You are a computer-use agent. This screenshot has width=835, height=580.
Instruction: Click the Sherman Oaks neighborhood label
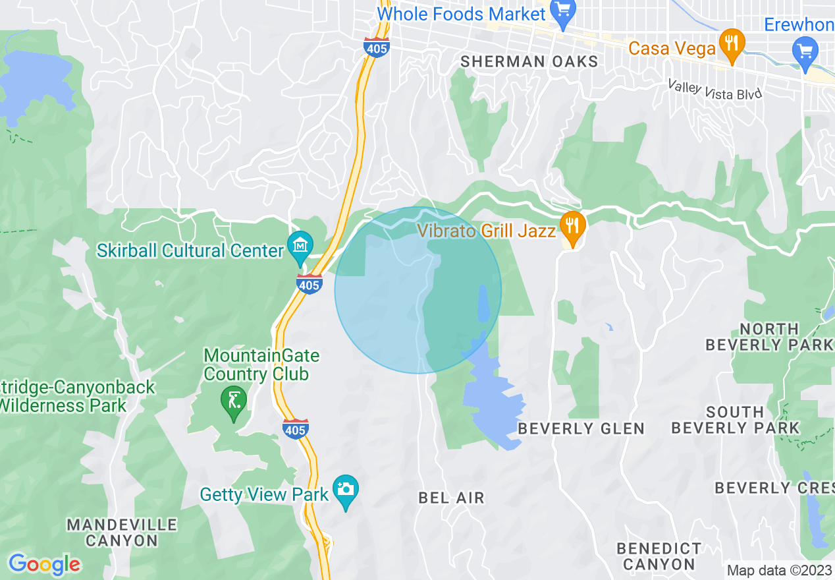click(x=529, y=61)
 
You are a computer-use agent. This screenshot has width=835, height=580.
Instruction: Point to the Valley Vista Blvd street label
click(x=714, y=90)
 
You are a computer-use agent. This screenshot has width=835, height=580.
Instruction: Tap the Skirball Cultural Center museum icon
click(x=300, y=247)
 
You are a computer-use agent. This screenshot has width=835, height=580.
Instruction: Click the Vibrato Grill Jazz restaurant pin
click(x=573, y=228)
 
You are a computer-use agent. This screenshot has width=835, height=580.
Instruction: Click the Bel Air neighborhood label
click(x=451, y=498)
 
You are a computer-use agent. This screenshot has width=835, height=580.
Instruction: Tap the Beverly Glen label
click(x=581, y=428)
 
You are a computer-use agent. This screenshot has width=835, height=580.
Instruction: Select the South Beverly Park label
click(x=735, y=420)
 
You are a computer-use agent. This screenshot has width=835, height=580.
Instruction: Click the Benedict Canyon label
click(x=659, y=556)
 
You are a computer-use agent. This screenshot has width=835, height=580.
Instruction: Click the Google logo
click(x=44, y=564)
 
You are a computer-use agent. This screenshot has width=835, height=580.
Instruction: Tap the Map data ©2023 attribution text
click(x=779, y=570)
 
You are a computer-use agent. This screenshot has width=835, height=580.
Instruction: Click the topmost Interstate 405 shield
click(x=376, y=47)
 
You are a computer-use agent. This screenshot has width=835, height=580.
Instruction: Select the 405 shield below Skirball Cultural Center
click(x=310, y=283)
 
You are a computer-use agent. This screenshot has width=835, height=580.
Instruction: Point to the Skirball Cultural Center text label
click(x=190, y=250)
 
